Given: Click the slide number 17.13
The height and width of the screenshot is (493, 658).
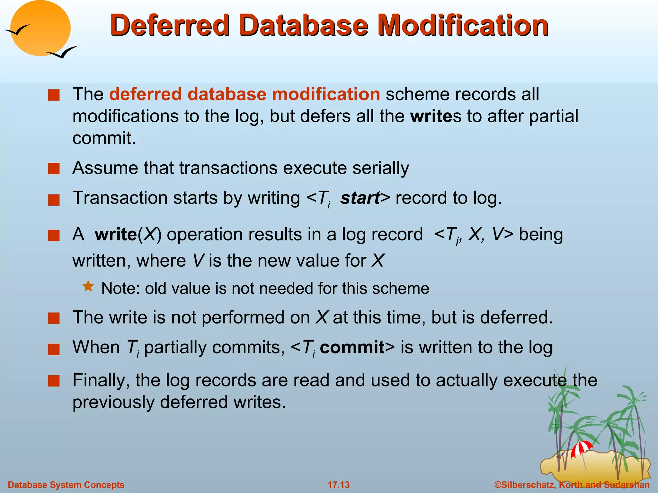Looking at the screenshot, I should point(338,485).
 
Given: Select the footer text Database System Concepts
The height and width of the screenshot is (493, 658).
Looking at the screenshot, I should point(66,485).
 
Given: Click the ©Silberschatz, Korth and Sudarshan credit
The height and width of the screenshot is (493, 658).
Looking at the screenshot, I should point(572,485).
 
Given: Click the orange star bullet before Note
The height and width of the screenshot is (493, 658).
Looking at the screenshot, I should point(88,286).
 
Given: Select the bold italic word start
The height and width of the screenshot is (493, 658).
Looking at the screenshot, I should point(360,198).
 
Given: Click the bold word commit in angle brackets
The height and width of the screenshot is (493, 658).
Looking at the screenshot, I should point(352,348).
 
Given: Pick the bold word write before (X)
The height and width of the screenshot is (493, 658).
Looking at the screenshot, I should point(116,235).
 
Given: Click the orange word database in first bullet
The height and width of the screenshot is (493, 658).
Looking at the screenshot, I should point(227,94).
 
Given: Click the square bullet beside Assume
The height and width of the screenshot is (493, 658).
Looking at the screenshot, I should point(54,169).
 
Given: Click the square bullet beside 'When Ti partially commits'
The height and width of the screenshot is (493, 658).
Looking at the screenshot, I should point(54,349).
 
